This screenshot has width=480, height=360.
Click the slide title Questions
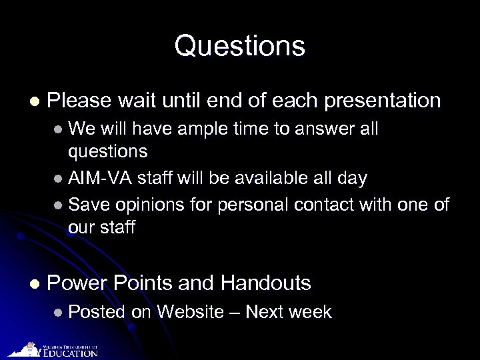[x=240, y=47]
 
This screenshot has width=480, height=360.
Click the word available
[x=259, y=178]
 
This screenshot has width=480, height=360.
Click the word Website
[x=189, y=311]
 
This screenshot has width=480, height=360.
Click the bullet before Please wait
[x=34, y=102]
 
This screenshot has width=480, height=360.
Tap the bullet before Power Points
[x=34, y=284]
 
